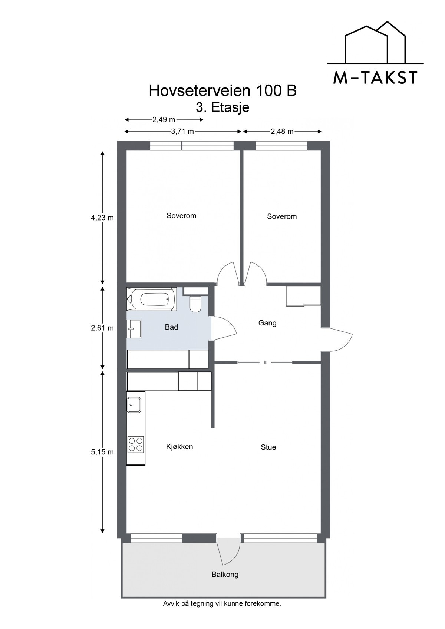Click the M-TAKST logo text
pyautogui.click(x=375, y=78)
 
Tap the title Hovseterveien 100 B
pyautogui.click(x=222, y=91)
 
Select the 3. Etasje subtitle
pyautogui.click(x=222, y=107)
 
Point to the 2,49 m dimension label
pyautogui.click(x=164, y=120)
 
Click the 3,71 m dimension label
pyautogui.click(x=182, y=132)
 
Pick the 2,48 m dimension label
pyautogui.click(x=282, y=132)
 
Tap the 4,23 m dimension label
pyautogui.click(x=102, y=218)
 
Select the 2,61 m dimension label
pyautogui.click(x=102, y=328)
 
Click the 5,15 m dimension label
pyautogui.click(x=102, y=452)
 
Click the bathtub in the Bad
pyautogui.click(x=152, y=299)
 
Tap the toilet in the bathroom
pyautogui.click(x=195, y=304)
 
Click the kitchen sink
pyautogui.click(x=134, y=405)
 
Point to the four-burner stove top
pyautogui.click(x=136, y=444)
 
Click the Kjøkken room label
pyautogui.click(x=179, y=447)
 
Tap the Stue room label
pyautogui.click(x=268, y=447)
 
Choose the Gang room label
pyautogui.click(x=267, y=323)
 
